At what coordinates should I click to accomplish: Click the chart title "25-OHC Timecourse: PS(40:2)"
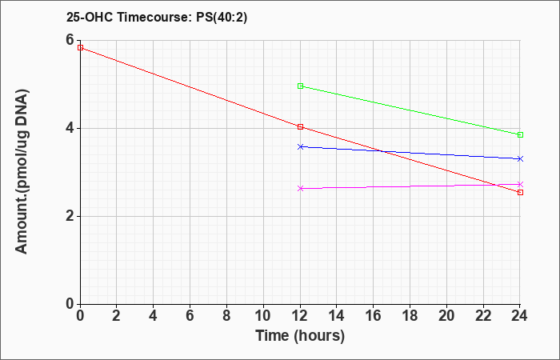(x=157, y=17)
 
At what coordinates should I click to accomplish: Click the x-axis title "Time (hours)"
(x=300, y=336)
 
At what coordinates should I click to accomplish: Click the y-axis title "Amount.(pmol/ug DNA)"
(x=22, y=172)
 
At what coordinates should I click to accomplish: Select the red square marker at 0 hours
(x=80, y=47)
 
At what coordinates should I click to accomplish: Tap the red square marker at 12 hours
(x=300, y=126)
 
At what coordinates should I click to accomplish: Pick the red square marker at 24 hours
(x=520, y=193)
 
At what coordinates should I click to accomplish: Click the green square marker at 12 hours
(x=300, y=86)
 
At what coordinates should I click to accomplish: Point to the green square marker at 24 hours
(x=520, y=134)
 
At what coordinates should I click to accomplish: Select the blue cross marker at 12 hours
(x=300, y=146)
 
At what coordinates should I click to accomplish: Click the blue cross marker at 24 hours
(x=520, y=158)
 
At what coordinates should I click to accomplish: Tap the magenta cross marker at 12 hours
(x=300, y=188)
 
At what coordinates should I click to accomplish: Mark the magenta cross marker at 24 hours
(x=520, y=184)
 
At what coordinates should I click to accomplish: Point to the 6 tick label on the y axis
(x=70, y=40)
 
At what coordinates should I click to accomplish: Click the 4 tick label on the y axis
(x=70, y=128)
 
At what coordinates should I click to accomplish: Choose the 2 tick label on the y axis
(x=70, y=217)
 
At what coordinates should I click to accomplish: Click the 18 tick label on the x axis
(x=410, y=316)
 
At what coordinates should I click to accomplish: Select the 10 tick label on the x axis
(x=263, y=316)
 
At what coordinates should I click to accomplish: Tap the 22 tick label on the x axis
(x=483, y=316)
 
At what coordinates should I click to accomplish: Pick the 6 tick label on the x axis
(x=190, y=316)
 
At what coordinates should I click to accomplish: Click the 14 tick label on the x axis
(x=337, y=316)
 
